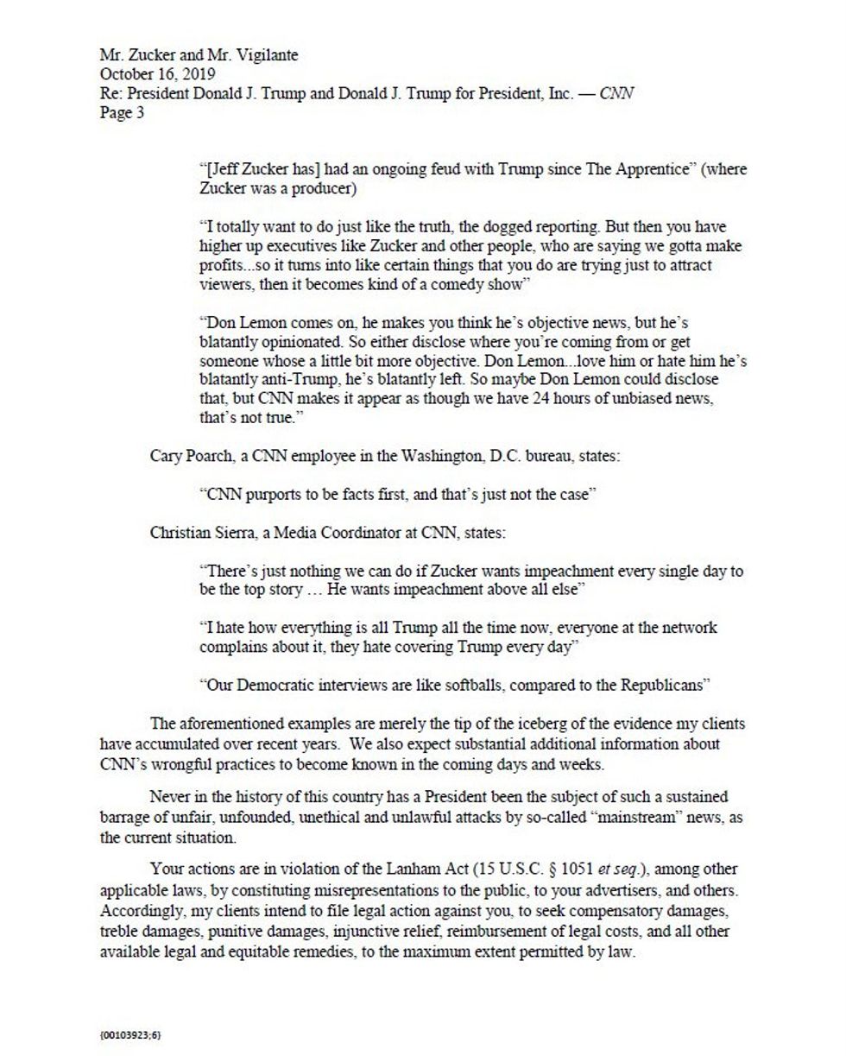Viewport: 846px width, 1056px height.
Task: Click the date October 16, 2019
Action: coord(157,74)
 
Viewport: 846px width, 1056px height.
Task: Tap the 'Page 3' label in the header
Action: coord(122,112)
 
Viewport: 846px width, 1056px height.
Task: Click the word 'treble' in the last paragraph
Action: coord(119,933)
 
